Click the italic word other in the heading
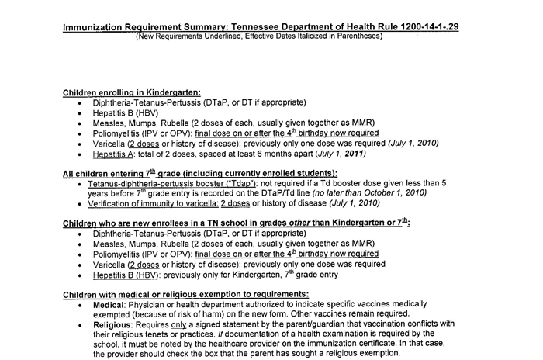[285, 222]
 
